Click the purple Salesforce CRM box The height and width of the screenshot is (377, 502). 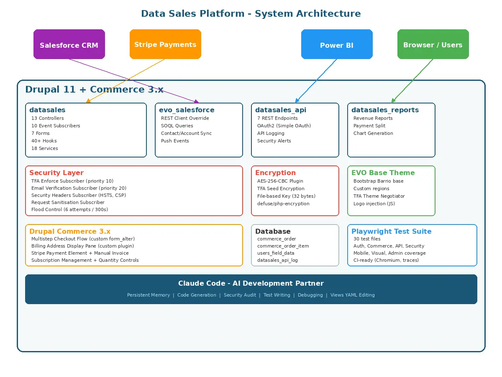point(69,44)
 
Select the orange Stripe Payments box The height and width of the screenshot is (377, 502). point(165,44)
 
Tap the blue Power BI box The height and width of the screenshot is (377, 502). point(337,44)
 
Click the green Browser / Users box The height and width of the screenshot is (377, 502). point(433,44)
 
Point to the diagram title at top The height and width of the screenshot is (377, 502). point(251,13)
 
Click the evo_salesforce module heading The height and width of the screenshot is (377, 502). point(187,110)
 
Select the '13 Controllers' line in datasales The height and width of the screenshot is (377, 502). point(47,118)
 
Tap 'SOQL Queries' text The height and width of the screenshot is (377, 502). point(177,126)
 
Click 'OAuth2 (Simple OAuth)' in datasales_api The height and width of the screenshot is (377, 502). point(284,126)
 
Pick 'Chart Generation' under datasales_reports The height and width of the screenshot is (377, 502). point(373,133)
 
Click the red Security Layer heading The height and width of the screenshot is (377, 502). point(56,173)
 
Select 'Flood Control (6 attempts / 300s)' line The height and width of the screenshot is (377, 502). point(69,209)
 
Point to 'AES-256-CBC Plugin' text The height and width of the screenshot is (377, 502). point(280,181)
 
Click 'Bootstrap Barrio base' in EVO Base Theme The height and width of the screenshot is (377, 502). point(379,181)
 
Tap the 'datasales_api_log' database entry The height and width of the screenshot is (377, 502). point(278,260)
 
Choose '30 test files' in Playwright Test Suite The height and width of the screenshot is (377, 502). point(367,239)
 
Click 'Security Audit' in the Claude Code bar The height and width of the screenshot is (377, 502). point(240,295)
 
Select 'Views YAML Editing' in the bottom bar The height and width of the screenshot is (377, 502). point(353,295)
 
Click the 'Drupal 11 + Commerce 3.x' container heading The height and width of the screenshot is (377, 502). point(94,89)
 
